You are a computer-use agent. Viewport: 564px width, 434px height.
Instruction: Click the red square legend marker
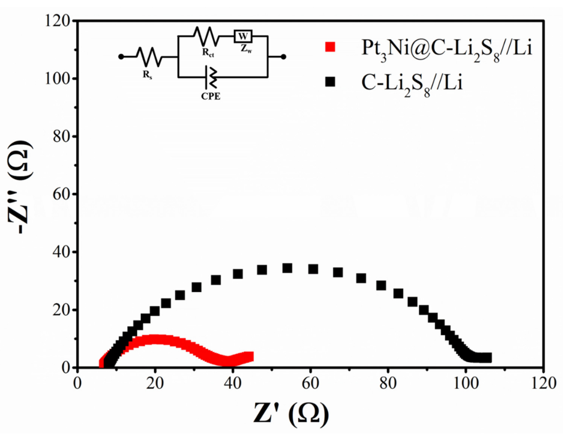click(x=330, y=47)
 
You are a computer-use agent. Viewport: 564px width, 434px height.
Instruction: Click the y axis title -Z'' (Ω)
click(x=21, y=187)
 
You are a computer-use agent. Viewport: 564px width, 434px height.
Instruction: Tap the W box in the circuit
click(x=243, y=36)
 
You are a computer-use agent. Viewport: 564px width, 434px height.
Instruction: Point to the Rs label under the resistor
click(x=147, y=75)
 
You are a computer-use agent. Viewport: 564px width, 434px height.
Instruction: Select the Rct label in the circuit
click(x=208, y=53)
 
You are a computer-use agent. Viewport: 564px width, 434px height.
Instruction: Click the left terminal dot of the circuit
click(x=121, y=57)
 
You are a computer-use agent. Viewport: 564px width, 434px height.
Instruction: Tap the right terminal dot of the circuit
click(x=283, y=57)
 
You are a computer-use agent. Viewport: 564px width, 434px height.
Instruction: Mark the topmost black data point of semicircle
click(x=287, y=268)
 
